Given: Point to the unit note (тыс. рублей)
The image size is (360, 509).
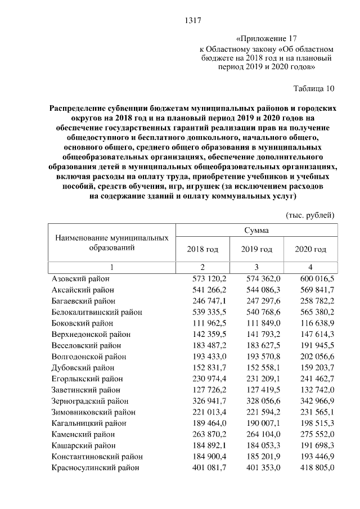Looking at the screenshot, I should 310,215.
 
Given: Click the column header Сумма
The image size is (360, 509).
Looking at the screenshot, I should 256,231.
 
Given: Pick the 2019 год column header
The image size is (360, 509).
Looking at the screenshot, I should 256,249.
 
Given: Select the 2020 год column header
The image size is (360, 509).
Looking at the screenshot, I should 310,249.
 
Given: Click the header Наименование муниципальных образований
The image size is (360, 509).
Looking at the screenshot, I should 112,243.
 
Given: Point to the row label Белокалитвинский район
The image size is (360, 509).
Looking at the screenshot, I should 96,312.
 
